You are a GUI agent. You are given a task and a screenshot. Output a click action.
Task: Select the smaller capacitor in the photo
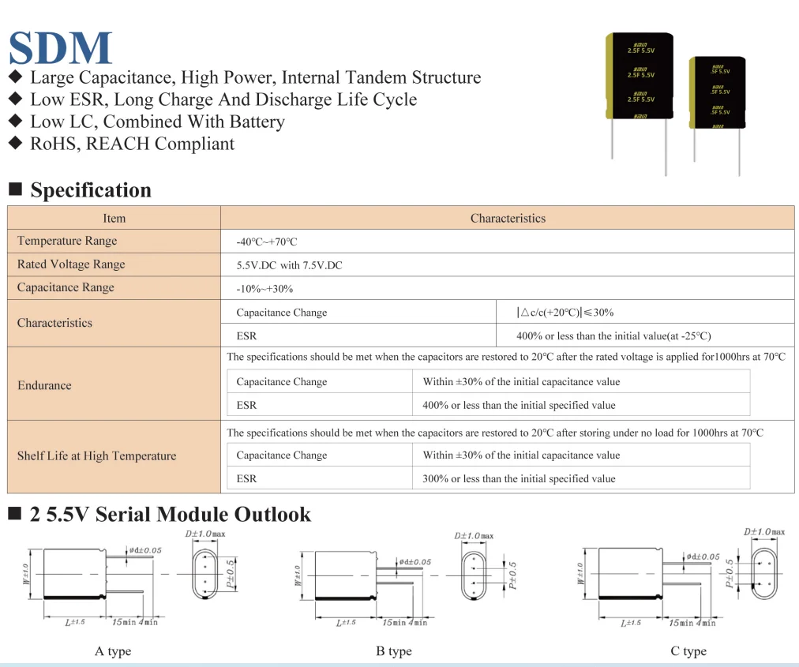click(x=718, y=92)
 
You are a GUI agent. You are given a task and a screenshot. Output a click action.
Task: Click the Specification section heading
click(x=90, y=190)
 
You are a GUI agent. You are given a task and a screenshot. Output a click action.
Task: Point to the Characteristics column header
click(x=508, y=219)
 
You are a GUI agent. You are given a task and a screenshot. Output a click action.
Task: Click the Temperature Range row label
click(x=67, y=242)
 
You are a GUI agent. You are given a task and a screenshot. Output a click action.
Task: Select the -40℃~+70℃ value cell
click(x=267, y=242)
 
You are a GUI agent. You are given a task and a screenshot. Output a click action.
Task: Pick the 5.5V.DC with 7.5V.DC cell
click(x=290, y=265)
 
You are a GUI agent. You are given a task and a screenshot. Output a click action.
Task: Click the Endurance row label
click(x=44, y=386)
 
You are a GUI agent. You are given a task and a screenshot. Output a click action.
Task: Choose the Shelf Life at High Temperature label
click(x=96, y=456)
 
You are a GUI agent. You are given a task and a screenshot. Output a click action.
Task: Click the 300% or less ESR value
click(x=519, y=478)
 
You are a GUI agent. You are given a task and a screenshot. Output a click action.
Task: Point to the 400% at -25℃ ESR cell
click(x=613, y=336)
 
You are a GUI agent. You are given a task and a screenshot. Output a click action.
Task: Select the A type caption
click(x=113, y=651)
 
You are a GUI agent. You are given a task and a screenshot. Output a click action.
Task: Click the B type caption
click(x=394, y=651)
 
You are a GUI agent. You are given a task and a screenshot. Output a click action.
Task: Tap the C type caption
click(x=688, y=651)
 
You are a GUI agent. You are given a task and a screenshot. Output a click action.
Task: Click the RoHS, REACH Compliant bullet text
click(x=132, y=144)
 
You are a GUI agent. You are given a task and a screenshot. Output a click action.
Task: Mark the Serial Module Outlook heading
click(x=171, y=515)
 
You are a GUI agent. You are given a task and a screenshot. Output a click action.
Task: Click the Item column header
click(x=114, y=219)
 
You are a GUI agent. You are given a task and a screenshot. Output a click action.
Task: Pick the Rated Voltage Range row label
click(x=71, y=264)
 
